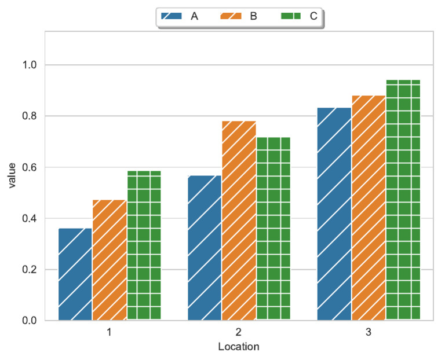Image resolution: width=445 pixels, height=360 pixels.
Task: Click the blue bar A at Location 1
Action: pos(75,274)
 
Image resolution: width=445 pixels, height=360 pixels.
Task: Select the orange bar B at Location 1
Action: pos(110,260)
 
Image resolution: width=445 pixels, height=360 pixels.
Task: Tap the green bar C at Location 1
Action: pos(144,245)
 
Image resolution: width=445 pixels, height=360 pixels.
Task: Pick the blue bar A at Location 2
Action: pos(205,248)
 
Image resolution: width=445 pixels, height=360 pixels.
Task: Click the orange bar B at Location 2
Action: pos(239,221)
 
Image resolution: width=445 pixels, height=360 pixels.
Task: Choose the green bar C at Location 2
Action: pos(273,229)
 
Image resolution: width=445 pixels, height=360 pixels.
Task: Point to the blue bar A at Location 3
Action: pos(334,214)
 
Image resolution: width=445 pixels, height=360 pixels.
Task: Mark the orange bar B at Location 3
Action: pos(369,208)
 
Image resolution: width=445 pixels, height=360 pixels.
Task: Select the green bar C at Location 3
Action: pos(403,200)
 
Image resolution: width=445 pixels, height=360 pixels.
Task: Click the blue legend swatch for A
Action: pos(172,16)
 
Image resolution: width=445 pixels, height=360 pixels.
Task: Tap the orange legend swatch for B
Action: pos(231,16)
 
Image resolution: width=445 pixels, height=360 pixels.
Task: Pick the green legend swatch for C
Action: pos(291,16)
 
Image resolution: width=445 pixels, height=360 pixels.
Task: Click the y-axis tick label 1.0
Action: pos(30,65)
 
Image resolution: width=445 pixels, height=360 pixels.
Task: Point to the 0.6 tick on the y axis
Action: pos(30,167)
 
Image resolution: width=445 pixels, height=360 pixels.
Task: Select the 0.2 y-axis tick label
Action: pos(30,270)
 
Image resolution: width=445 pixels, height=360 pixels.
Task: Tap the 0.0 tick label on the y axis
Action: pos(30,321)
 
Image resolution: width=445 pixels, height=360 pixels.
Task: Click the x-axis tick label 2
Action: pos(239,332)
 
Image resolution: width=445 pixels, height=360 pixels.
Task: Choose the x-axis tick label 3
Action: pos(369,332)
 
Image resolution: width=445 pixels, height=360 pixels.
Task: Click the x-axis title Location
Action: pos(239,347)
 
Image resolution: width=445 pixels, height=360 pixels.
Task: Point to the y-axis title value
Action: pos(12,176)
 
